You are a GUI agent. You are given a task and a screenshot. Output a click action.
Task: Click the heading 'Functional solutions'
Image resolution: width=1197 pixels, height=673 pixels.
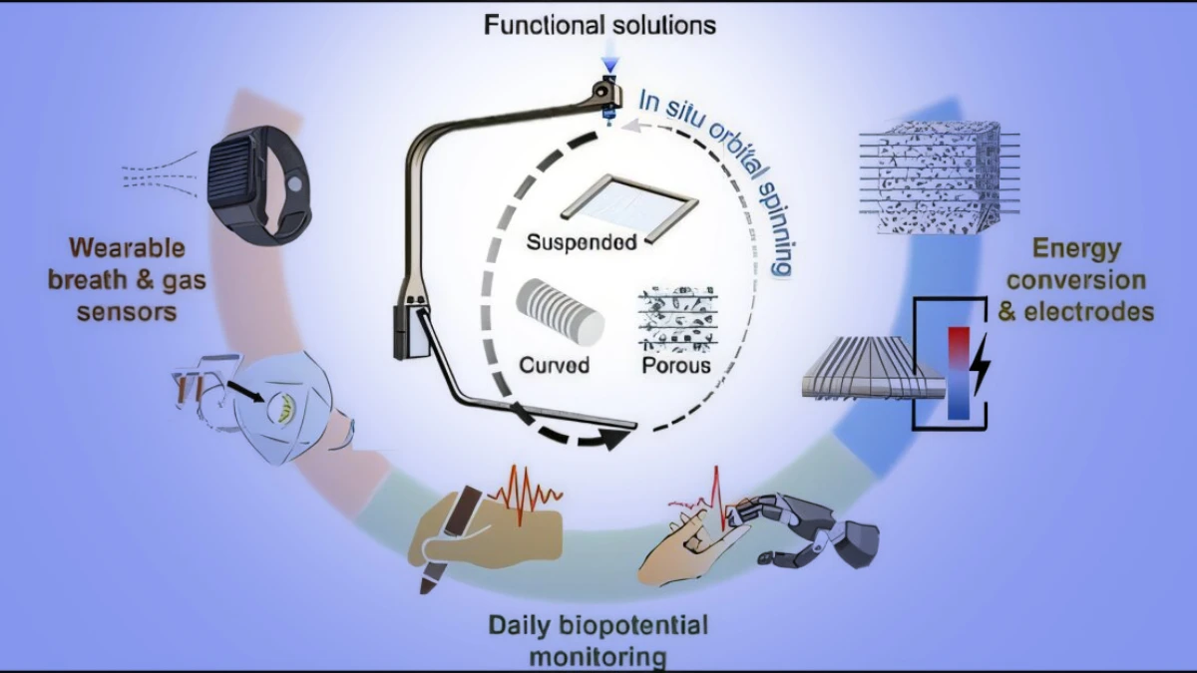point(599,24)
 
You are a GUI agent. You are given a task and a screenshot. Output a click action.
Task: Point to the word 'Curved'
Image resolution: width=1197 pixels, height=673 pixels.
point(554,365)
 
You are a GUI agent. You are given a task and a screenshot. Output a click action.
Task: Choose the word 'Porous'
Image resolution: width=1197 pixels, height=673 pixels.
point(675,365)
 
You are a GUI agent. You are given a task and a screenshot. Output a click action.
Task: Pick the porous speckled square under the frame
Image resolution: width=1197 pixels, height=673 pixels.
point(676,317)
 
